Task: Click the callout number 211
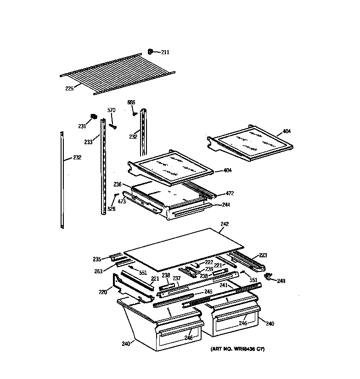[165, 52]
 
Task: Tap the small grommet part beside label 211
[151, 51]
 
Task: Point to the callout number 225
[69, 88]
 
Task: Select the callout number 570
[111, 110]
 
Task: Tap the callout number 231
[82, 126]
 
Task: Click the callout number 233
[88, 142]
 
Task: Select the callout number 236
[118, 184]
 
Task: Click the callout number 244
[226, 205]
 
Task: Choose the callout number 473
[122, 202]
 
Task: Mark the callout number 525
[111, 209]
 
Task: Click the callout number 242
[225, 224]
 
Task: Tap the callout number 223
[263, 255]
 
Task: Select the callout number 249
[281, 281]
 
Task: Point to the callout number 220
[103, 291]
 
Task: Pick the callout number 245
[208, 292]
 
